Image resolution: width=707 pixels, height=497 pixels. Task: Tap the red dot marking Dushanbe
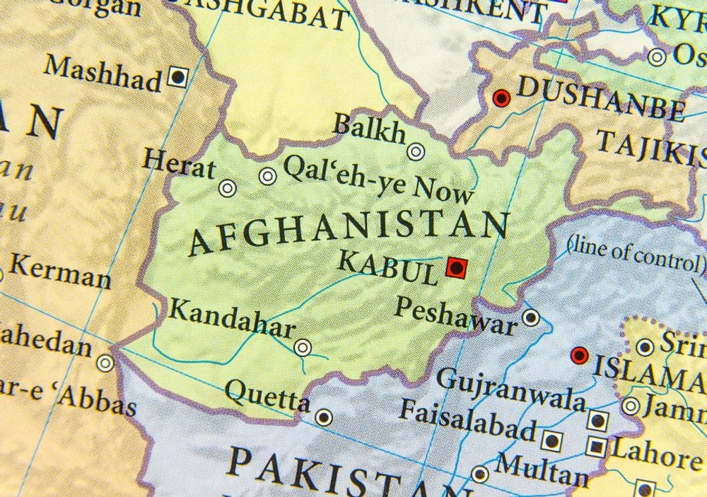pos(501,98)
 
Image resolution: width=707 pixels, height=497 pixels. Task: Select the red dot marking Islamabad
pos(580,355)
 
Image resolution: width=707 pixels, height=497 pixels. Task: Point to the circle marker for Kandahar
pos(303,347)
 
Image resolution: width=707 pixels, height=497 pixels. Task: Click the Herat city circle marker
pos(227,188)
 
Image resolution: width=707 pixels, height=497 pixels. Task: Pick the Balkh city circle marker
pos(416,151)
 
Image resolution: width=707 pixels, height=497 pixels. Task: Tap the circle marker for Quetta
pos(324,417)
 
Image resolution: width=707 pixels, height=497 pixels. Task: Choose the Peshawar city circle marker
pos(531,317)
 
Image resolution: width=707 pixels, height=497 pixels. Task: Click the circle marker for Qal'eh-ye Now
pos(267,176)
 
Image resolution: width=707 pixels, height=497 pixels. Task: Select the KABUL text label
pos(387,267)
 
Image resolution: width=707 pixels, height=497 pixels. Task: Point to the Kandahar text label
pos(233,318)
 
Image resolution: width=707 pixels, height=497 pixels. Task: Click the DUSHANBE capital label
pos(601,99)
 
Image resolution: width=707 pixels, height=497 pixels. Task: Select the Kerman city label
pos(61,272)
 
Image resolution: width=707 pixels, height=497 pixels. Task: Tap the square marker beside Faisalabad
pos(552,441)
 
